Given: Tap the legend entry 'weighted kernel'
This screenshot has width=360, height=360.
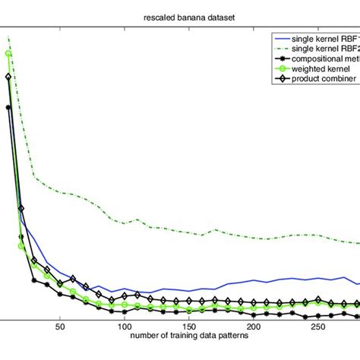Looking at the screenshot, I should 319,69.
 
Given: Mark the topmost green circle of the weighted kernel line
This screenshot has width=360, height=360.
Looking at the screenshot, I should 8,53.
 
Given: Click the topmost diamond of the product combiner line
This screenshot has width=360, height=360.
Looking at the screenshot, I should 8,77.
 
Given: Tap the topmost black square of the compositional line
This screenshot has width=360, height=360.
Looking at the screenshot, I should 8,107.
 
